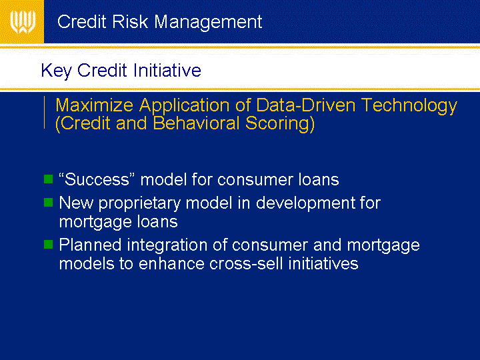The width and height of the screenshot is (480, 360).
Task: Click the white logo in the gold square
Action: click(x=23, y=22)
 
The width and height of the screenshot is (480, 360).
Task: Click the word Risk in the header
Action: click(x=130, y=22)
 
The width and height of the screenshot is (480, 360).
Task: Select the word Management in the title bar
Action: click(x=208, y=23)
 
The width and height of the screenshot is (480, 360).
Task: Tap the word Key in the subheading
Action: click(x=56, y=71)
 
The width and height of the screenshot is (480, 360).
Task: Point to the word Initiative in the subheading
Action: click(x=167, y=70)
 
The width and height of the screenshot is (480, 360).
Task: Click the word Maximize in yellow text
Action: click(x=94, y=105)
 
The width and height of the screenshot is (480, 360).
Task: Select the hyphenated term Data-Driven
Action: click(x=305, y=105)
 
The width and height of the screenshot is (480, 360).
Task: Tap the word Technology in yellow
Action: click(x=409, y=106)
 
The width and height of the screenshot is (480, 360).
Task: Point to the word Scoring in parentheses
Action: click(x=280, y=124)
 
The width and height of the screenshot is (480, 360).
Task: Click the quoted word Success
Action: click(x=97, y=179)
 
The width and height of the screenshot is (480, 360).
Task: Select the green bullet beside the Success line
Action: click(x=49, y=179)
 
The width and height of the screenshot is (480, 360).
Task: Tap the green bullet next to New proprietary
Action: click(x=49, y=203)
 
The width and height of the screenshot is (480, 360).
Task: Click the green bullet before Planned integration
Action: click(x=49, y=244)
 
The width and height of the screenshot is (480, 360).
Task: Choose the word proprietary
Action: click(x=139, y=204)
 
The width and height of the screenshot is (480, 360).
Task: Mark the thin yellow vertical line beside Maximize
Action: click(x=45, y=113)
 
